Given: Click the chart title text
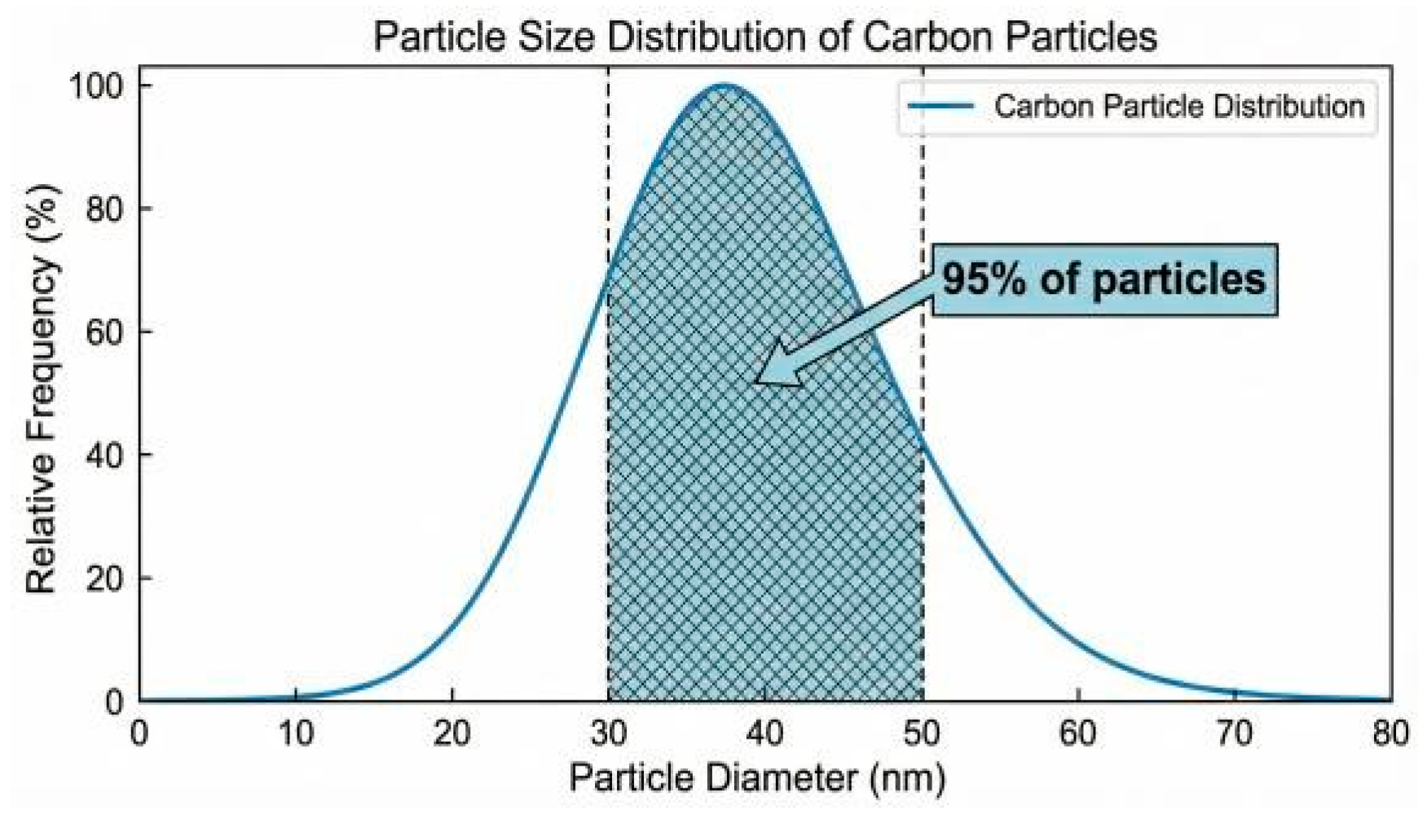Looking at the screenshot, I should (x=764, y=37).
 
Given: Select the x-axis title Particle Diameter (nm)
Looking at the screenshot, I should (x=757, y=778).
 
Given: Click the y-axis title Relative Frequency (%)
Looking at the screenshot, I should (x=42, y=390).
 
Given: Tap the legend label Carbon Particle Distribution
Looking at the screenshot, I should (x=1178, y=107).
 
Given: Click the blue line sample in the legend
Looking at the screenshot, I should (x=941, y=107).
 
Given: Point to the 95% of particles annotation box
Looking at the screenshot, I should (x=1104, y=279).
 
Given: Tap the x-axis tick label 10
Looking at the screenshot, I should (x=296, y=734).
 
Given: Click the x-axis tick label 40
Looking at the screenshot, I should (x=765, y=734).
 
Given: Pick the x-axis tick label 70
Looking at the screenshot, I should (x=1235, y=734).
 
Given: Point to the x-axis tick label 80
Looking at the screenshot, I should (x=1390, y=734).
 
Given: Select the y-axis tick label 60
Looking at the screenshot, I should (x=106, y=332).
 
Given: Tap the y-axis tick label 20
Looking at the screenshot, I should (x=106, y=579).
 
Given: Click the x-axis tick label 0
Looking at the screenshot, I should (x=140, y=734).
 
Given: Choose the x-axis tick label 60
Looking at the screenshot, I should (x=1078, y=734).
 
